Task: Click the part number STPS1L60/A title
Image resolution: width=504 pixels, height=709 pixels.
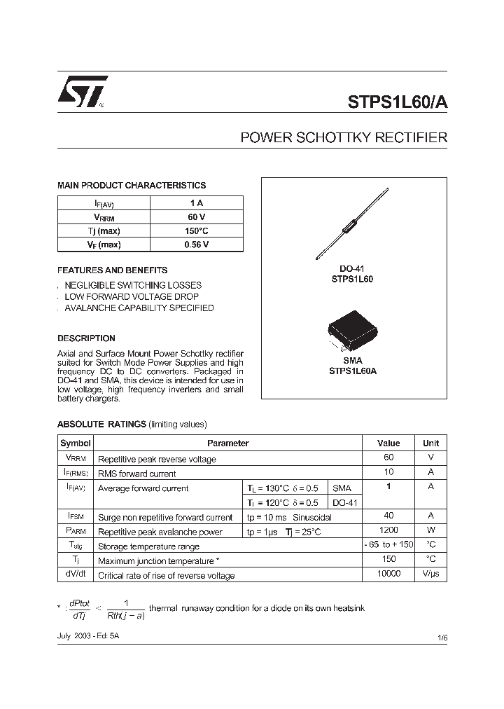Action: tap(397, 101)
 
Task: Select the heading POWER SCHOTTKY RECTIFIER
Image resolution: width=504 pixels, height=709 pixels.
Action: tap(343, 138)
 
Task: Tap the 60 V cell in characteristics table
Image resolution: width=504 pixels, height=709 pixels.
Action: tap(196, 218)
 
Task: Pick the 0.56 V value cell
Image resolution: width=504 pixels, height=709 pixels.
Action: tap(196, 245)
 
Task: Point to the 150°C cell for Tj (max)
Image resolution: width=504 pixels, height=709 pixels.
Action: tap(196, 231)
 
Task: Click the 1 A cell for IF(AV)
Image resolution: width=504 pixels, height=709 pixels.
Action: tap(196, 203)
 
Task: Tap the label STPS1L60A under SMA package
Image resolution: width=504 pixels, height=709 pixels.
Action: tap(353, 371)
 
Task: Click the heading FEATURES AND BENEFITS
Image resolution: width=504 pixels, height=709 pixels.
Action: tap(112, 270)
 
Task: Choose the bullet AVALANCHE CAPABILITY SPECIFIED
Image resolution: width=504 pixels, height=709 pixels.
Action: tap(139, 308)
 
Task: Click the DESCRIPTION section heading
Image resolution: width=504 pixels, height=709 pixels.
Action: tap(86, 338)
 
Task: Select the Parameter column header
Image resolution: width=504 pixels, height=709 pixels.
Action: tap(227, 443)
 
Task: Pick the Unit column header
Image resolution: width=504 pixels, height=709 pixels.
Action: tap(430, 443)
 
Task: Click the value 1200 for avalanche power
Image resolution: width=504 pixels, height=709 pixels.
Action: tap(388, 531)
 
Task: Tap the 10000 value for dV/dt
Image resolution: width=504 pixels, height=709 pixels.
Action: tap(388, 574)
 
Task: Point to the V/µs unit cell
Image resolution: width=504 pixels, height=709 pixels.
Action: tap(430, 574)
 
